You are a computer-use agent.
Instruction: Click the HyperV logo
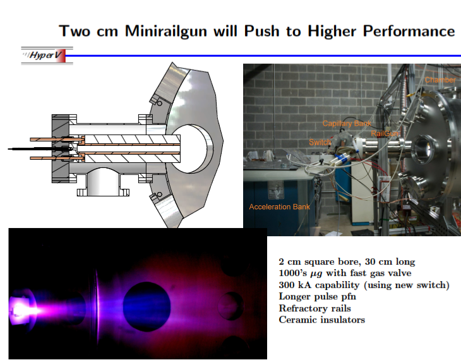tap(42, 56)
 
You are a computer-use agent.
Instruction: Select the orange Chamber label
tap(440, 80)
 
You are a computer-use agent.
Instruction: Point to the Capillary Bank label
tap(347, 124)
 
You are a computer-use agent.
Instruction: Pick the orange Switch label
tap(320, 143)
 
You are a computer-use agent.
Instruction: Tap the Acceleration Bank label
tap(279, 207)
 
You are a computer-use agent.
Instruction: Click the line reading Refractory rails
tap(314, 308)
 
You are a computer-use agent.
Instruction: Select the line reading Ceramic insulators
tap(321, 320)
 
